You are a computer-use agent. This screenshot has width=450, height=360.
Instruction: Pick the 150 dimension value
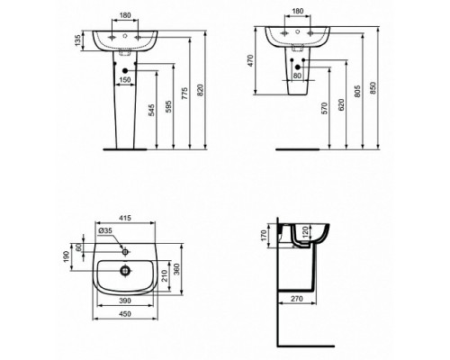tap(127, 79)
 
